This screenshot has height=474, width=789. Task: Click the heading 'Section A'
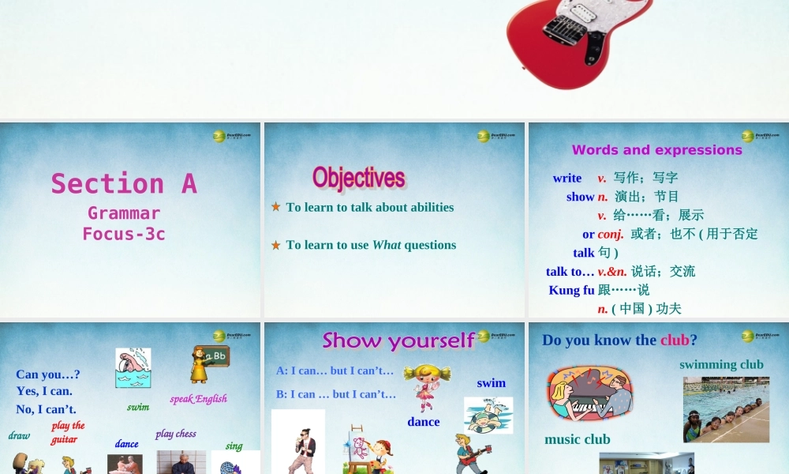pos(124,183)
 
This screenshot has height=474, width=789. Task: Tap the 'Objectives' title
pos(358,177)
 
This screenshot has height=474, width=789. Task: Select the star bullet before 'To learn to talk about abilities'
pos(276,207)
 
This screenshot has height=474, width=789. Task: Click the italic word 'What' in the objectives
pos(387,245)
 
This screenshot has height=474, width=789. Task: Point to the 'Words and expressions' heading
pos(656,150)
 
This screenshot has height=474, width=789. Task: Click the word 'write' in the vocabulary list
pos(567,179)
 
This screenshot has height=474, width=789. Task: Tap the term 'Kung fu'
pos(571,290)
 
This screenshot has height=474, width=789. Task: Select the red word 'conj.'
pos(611,234)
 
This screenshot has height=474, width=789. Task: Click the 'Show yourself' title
pos(398,340)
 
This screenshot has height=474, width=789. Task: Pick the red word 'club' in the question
pos(675,340)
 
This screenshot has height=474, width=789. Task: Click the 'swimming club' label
pos(721,365)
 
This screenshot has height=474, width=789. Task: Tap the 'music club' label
pos(577,439)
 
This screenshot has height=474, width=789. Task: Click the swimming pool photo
pos(726,409)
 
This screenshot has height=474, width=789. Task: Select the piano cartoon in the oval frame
pos(589,393)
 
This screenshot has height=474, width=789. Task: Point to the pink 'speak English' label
pos(198,399)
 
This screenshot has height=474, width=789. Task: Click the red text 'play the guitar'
pos(68,432)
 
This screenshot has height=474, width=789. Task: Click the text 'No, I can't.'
pos(46,409)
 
